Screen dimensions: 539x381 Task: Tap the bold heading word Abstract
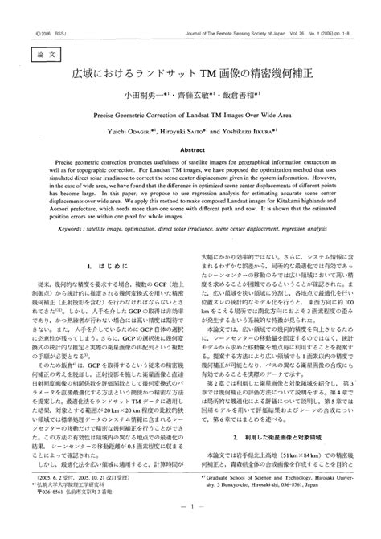pyautogui.click(x=190, y=149)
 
